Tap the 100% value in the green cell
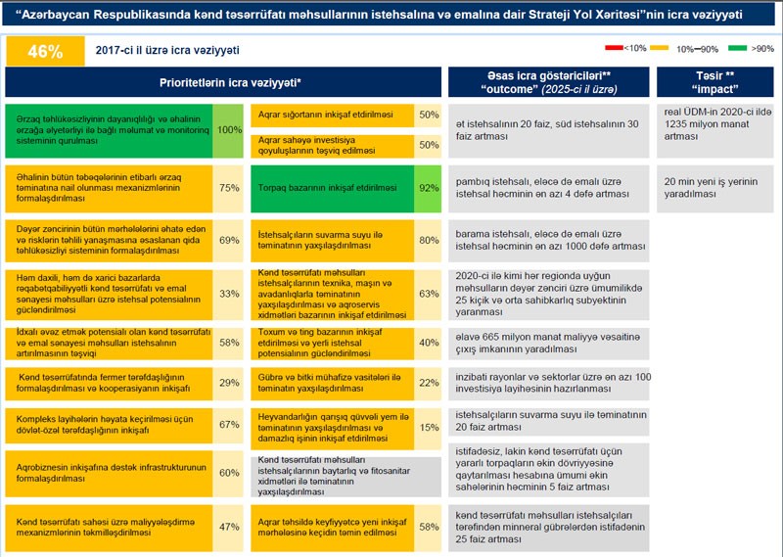(x=229, y=129)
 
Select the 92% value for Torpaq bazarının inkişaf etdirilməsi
(x=428, y=186)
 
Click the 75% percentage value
(x=229, y=188)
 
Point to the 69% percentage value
(x=229, y=240)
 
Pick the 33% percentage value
(x=229, y=293)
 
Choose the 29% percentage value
(x=229, y=382)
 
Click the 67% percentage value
(x=229, y=425)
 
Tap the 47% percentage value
(x=229, y=527)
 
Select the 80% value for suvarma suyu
(x=428, y=240)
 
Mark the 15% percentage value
(x=428, y=427)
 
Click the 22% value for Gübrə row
(x=428, y=383)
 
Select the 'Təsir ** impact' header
(x=716, y=82)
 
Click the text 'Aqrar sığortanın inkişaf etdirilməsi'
(x=330, y=115)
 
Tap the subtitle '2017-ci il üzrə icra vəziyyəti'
(x=167, y=50)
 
